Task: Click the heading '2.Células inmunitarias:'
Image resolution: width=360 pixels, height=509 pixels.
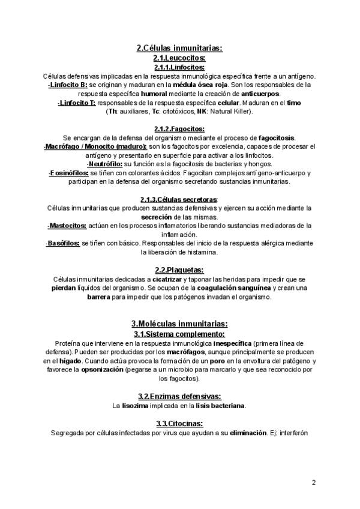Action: (179, 49)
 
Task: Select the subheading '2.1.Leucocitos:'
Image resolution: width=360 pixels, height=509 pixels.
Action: (179, 58)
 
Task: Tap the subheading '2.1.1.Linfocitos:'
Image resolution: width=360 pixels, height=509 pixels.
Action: (179, 67)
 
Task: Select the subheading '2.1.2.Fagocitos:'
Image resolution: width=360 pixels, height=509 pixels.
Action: (179, 129)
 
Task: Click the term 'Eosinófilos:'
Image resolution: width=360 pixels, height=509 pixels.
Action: (68, 173)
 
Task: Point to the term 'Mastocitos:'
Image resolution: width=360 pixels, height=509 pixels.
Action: (67, 226)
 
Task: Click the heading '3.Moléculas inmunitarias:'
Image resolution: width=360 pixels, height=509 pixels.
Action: (179, 324)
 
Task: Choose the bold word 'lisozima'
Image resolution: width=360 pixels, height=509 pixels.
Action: (135, 406)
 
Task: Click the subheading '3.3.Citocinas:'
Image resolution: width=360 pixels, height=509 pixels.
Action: (179, 423)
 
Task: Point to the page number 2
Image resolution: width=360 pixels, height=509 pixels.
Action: (314, 482)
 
